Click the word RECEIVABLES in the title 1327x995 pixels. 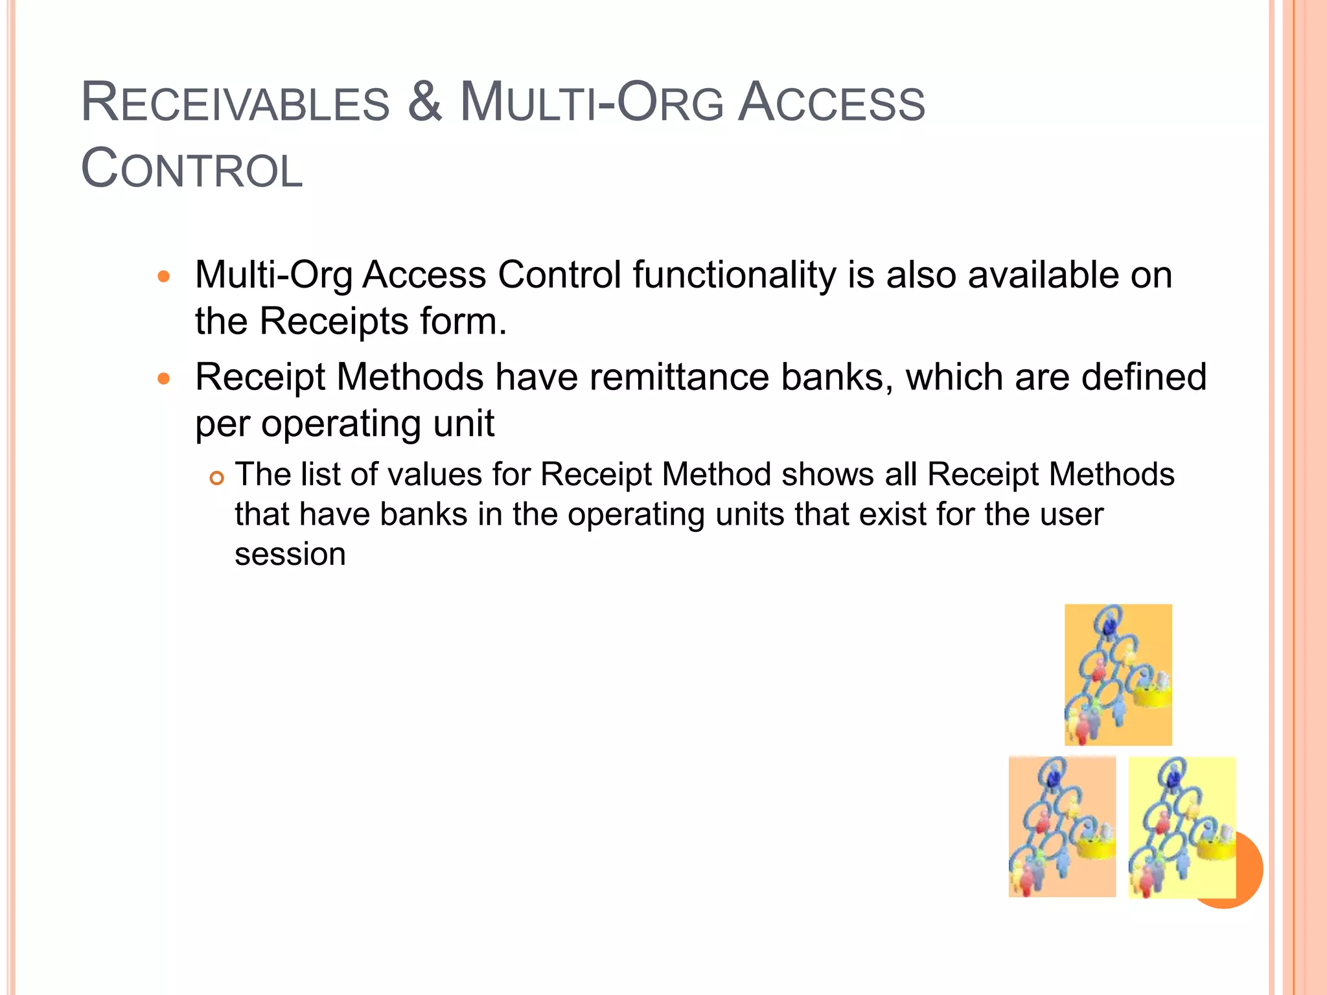tap(235, 104)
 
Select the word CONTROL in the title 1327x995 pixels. tap(192, 170)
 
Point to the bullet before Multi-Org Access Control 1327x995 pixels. tap(164, 277)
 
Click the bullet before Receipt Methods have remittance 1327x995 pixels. tap(164, 378)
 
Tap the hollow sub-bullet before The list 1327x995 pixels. tap(216, 479)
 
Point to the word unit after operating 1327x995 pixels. tap(463, 424)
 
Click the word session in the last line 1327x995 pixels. tap(290, 555)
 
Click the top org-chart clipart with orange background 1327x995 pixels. tap(1118, 674)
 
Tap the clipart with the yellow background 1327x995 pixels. tap(1181, 827)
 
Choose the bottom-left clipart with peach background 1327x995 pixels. tap(1061, 827)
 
